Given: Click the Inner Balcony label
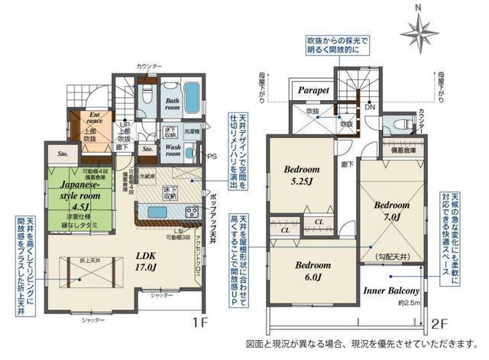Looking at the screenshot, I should [390, 291].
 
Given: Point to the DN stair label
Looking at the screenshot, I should [370, 108].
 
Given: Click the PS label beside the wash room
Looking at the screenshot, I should [212, 157].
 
